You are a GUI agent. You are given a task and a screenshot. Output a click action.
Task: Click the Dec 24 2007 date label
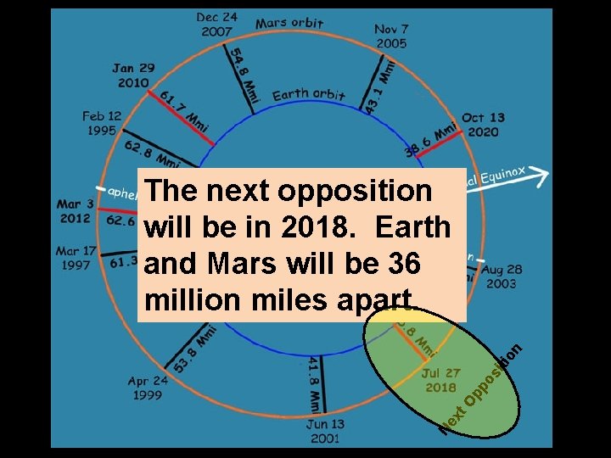[217, 24]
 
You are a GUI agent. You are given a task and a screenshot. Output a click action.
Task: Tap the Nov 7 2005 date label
[390, 36]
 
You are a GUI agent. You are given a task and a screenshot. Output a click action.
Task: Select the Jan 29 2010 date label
[134, 75]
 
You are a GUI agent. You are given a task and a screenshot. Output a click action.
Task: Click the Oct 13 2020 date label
[483, 125]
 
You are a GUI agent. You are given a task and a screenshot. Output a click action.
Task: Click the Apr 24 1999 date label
[148, 388]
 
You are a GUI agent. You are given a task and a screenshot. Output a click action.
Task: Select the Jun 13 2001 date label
[325, 431]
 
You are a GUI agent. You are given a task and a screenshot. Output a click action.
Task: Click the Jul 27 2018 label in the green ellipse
[440, 380]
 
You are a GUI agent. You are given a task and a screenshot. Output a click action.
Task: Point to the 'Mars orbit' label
[289, 23]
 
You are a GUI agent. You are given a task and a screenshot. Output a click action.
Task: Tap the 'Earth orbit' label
[308, 95]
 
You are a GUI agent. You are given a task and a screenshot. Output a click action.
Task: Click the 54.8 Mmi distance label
[244, 74]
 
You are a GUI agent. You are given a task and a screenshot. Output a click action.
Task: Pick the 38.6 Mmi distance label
[430, 139]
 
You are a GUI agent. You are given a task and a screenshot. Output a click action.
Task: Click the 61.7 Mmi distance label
[183, 108]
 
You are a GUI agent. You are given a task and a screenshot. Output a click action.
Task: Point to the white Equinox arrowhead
[541, 175]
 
